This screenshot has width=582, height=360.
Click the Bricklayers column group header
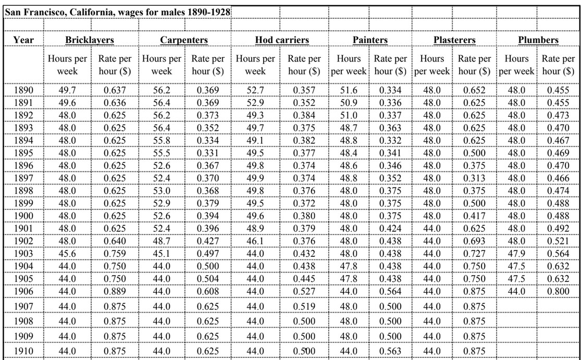point(90,40)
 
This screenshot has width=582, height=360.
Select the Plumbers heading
point(538,40)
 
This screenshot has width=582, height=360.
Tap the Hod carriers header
point(282,40)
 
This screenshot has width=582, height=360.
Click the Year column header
point(23,40)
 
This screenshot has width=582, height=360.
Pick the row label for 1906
point(23,291)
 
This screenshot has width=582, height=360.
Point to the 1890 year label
point(23,90)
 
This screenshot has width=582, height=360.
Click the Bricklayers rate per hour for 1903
point(115,254)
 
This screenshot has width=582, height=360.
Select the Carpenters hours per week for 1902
point(162,241)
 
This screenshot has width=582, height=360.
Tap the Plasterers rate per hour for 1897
point(474,179)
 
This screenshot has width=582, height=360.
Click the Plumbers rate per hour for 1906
point(558,291)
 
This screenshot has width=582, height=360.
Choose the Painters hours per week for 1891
point(349,103)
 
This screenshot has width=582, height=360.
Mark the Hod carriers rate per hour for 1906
point(304,291)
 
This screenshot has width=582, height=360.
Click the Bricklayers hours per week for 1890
point(67,90)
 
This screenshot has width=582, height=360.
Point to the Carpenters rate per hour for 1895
point(208,153)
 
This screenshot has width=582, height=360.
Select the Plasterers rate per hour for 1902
point(474,241)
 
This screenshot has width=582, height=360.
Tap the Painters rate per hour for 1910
point(390,351)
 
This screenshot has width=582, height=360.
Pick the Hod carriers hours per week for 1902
point(255,241)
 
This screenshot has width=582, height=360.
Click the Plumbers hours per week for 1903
point(516,254)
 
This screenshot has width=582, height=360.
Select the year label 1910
point(23,351)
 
